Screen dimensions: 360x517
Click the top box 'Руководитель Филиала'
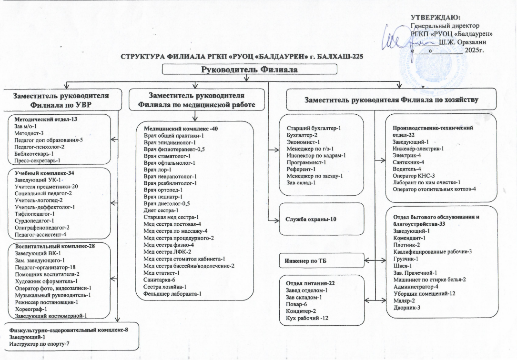pyautogui.click(x=250, y=70)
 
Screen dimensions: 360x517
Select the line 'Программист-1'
pyautogui.click(x=306, y=162)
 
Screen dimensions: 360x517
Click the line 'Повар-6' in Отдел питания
pyautogui.click(x=296, y=304)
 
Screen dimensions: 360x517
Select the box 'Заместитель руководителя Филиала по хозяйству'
pyautogui.click(x=391, y=100)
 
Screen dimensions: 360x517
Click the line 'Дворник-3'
pyautogui.click(x=406, y=307)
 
